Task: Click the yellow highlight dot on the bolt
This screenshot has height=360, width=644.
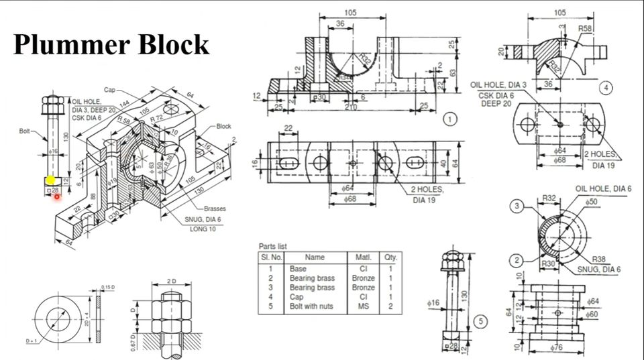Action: (51, 180)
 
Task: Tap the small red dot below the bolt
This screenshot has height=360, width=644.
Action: (57, 196)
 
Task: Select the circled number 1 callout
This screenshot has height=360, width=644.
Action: (450, 119)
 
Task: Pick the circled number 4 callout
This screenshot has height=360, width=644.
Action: (606, 88)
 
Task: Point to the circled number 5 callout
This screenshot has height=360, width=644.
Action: (480, 322)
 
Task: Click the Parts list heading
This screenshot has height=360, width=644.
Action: (277, 246)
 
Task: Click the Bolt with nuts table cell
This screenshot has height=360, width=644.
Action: (313, 306)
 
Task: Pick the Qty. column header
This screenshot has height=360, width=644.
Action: (390, 257)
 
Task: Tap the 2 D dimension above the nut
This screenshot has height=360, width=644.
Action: (171, 280)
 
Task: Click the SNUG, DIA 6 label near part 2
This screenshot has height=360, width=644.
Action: (599, 269)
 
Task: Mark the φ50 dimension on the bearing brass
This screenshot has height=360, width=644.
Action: (591, 201)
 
